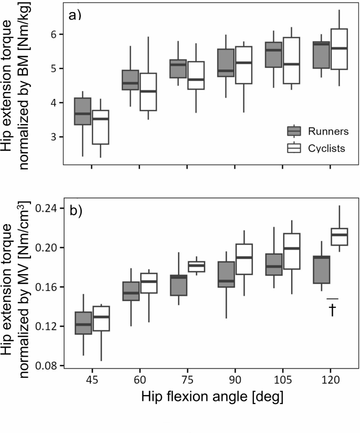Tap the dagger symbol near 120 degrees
(332, 310)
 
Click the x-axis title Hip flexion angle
(212, 397)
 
